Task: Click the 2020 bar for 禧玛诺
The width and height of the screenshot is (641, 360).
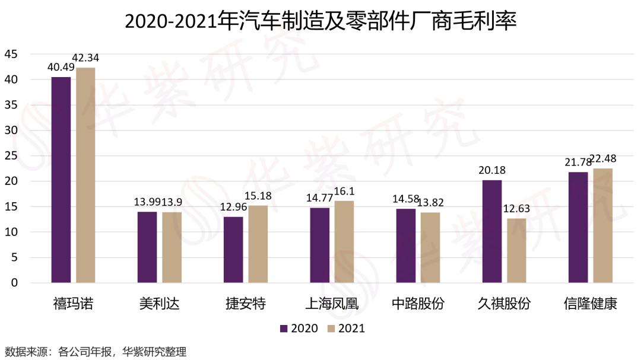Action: pyautogui.click(x=61, y=180)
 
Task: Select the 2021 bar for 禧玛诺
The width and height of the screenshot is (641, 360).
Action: pyautogui.click(x=85, y=175)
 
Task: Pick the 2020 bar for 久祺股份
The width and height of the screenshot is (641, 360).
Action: pyautogui.click(x=492, y=231)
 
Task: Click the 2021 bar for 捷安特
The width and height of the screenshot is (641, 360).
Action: pyautogui.click(x=258, y=244)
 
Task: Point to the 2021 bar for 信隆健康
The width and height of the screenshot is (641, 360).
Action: pyautogui.click(x=603, y=225)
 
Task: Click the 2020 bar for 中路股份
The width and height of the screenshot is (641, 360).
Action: pyautogui.click(x=406, y=246)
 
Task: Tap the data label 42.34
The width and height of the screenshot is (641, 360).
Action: pyautogui.click(x=85, y=58)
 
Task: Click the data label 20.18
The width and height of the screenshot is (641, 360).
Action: pyautogui.click(x=492, y=171)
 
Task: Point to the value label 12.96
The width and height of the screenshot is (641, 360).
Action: pyautogui.click(x=233, y=208)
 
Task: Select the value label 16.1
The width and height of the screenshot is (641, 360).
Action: pyautogui.click(x=344, y=192)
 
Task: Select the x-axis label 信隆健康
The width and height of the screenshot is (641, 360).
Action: pyautogui.click(x=590, y=304)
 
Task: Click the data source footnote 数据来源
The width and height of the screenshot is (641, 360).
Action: pyautogui.click(x=95, y=351)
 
